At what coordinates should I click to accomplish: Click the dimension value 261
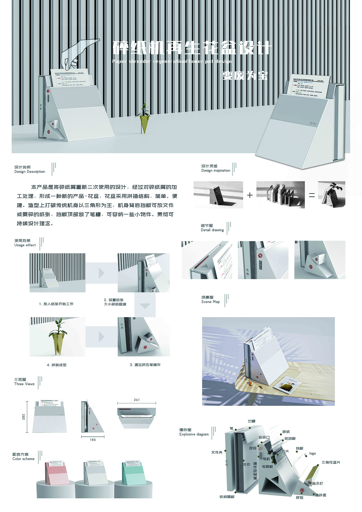tap(137, 400)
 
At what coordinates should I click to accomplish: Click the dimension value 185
tap(93, 440)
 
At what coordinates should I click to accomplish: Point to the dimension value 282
tap(24, 417)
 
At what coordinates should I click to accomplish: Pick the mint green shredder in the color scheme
tap(134, 474)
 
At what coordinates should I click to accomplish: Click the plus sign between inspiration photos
tap(250, 195)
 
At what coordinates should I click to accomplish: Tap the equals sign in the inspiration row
tap(312, 195)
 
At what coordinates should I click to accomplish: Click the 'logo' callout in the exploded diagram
tap(312, 453)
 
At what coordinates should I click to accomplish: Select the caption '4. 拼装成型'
tap(57, 365)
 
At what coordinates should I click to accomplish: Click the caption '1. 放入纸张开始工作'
tap(56, 304)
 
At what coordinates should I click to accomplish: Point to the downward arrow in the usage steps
tap(145, 306)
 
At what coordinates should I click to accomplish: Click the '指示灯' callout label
tap(317, 483)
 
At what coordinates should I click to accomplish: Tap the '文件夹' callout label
tap(217, 452)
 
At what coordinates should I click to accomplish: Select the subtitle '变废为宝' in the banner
tap(245, 76)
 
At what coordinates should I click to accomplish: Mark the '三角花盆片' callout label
tap(331, 462)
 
